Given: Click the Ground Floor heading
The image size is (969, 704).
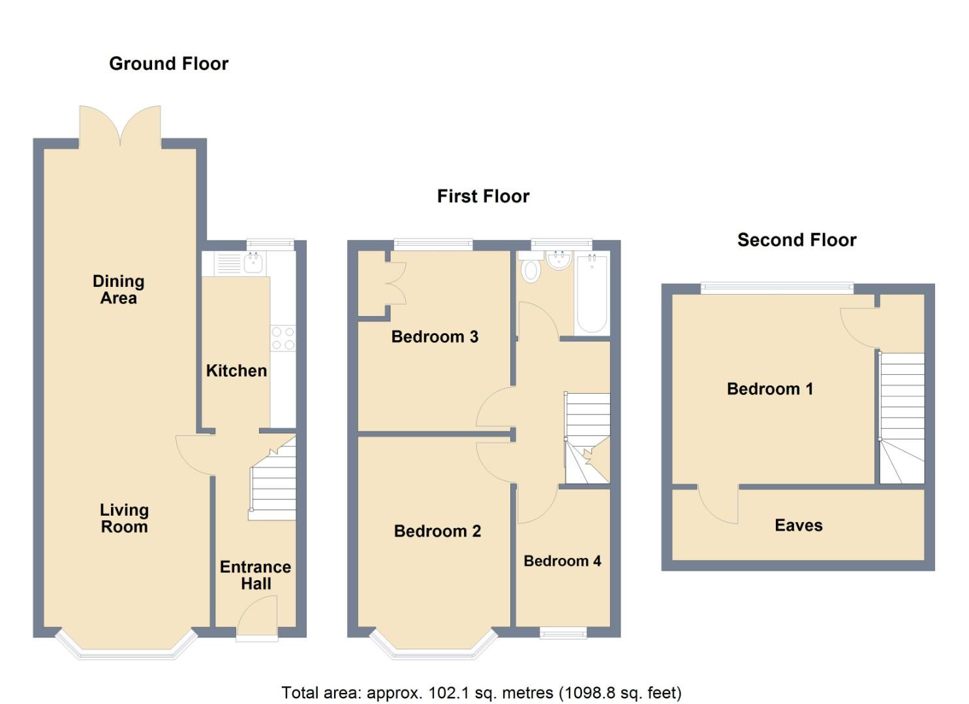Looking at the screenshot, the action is (169, 64).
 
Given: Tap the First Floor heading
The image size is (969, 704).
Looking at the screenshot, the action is (484, 197).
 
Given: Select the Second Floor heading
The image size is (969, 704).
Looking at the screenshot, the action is (797, 241).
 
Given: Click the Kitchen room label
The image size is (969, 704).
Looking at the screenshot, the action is (236, 371).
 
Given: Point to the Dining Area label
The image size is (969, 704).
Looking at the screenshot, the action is (119, 289).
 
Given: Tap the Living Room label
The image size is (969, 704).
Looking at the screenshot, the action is (125, 519).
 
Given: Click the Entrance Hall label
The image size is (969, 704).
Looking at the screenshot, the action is (256, 575).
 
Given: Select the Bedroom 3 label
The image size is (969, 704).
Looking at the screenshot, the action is (435, 336).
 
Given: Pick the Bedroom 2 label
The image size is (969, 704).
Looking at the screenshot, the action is (437, 531).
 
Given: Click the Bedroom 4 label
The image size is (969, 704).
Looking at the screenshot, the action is (562, 561).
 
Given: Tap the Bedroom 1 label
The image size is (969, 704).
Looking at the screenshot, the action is (770, 389).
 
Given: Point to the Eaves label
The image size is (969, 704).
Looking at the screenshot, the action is (799, 525).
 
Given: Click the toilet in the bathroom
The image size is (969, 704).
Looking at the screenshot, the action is (531, 267).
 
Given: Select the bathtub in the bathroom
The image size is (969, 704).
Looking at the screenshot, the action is (592, 294).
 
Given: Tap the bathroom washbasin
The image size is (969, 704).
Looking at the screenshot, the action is (559, 260).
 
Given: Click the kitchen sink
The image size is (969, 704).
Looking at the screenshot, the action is (253, 263).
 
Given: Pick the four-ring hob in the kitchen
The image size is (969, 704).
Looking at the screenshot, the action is (283, 338).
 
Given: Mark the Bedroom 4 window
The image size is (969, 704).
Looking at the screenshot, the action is (563, 633).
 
